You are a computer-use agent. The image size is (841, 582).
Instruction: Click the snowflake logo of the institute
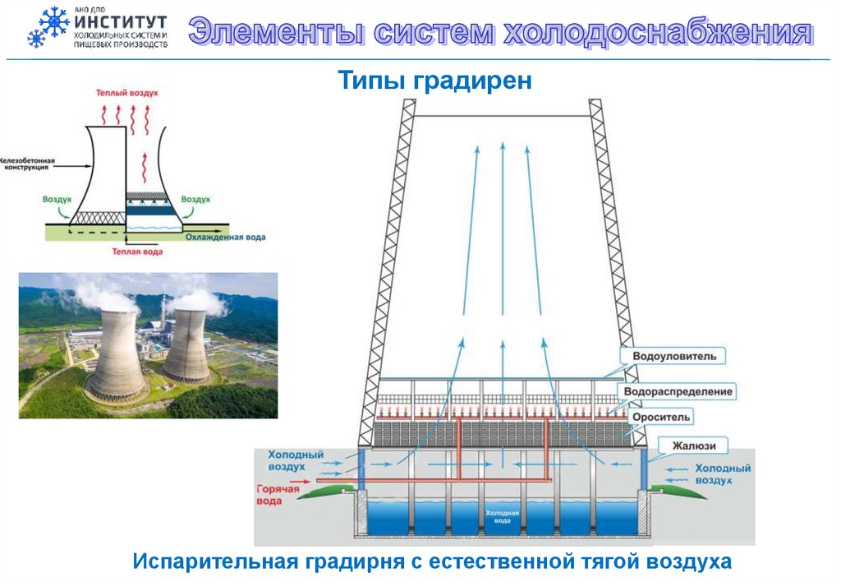pos(48,27)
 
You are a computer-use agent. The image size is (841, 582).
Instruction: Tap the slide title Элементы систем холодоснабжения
pos(500,32)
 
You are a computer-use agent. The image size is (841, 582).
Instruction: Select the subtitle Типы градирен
pos(436,81)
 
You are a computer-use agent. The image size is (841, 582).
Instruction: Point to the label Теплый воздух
pos(127,94)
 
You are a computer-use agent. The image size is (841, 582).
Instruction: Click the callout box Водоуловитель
pos(674,357)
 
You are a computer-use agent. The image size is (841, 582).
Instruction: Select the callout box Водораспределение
pos(678,392)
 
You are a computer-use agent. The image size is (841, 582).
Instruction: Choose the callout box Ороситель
pos(662,418)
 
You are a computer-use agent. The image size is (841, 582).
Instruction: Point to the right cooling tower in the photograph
pos(186,344)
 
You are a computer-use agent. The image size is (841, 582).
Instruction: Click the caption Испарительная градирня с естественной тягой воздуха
pos(432,562)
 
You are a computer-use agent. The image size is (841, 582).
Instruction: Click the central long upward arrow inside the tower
pos(503,230)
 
